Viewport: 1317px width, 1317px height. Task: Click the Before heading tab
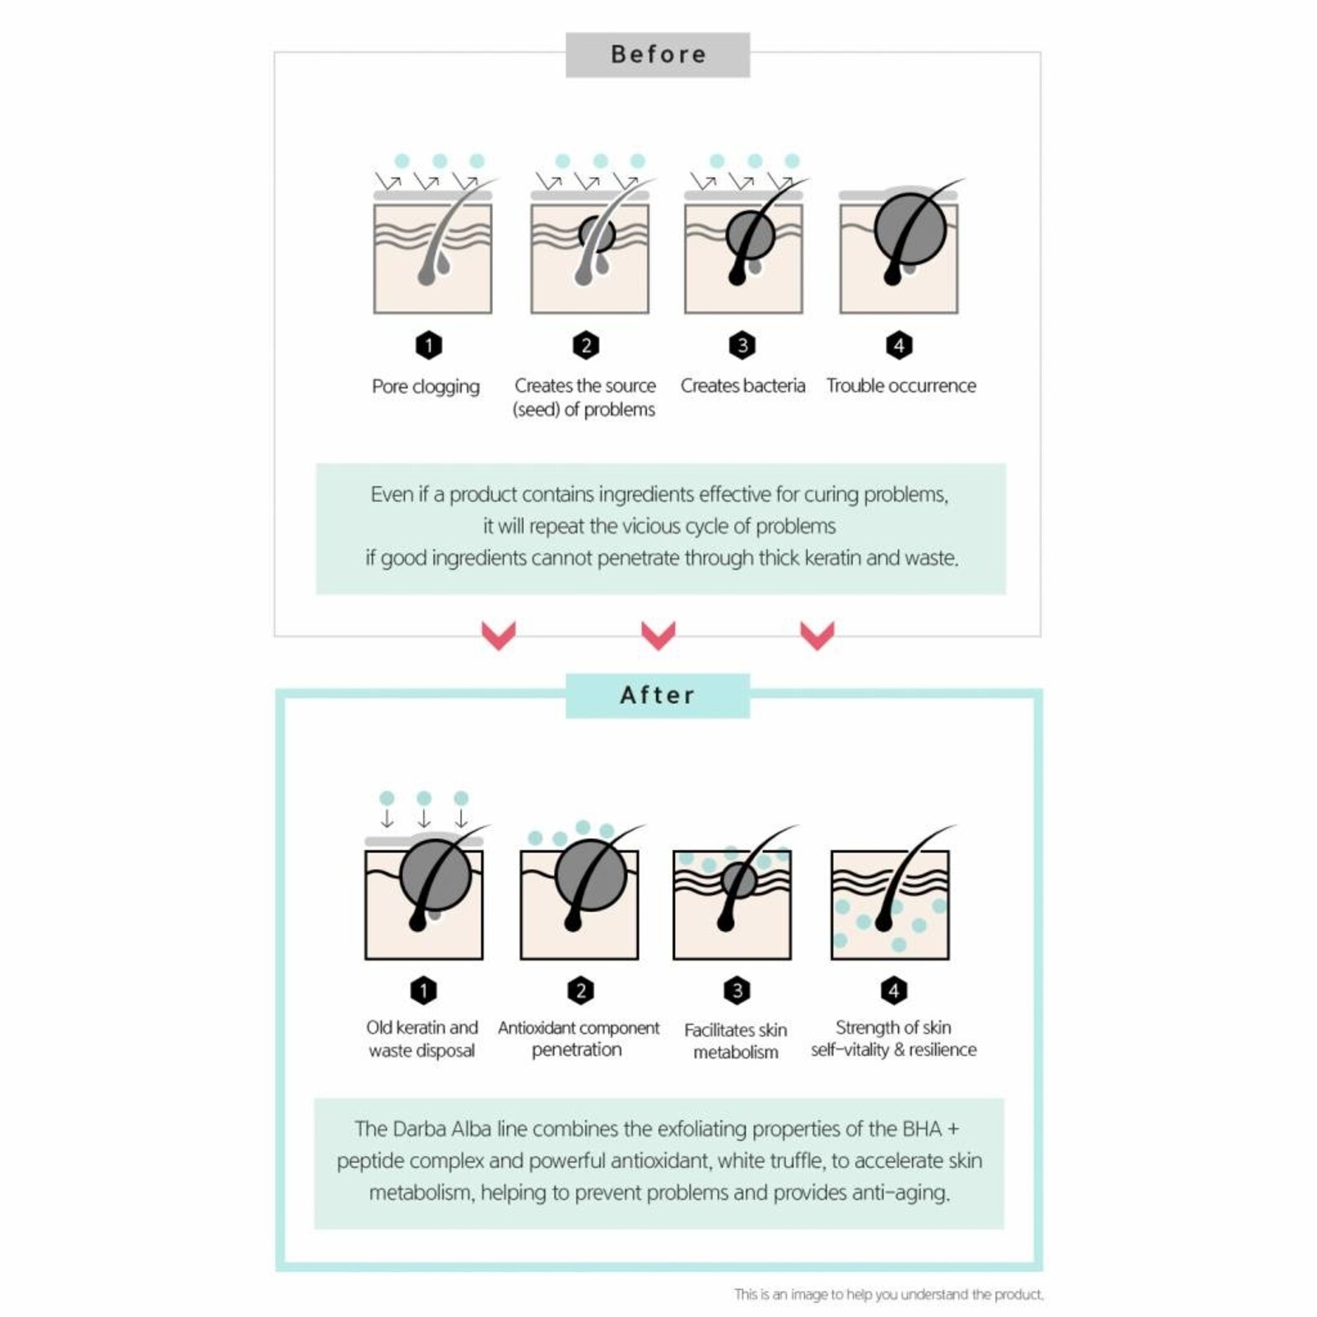(x=658, y=55)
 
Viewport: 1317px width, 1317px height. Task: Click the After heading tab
(x=658, y=696)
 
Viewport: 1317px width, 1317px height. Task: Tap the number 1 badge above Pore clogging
(x=428, y=345)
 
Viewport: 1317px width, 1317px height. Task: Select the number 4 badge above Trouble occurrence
(x=899, y=345)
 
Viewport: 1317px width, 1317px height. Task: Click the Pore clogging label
(x=426, y=386)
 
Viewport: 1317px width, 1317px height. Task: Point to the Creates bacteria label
(x=742, y=385)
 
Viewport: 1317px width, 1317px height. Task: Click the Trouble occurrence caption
(x=900, y=385)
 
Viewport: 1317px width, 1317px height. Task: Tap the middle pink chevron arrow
(x=658, y=635)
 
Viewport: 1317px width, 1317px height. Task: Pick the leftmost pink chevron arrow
(x=498, y=635)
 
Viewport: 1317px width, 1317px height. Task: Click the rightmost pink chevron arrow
(x=817, y=635)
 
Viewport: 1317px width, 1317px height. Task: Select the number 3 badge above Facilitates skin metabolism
(x=737, y=990)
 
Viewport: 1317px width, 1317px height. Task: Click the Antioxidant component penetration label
(x=578, y=1039)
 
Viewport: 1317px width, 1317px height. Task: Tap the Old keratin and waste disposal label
(x=421, y=1039)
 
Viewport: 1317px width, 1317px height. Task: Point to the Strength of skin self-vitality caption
(x=893, y=1039)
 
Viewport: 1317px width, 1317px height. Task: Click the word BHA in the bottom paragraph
(x=921, y=1129)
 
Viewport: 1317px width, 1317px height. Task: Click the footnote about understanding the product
(x=888, y=1295)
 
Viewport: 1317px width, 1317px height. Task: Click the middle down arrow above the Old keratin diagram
(x=424, y=818)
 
